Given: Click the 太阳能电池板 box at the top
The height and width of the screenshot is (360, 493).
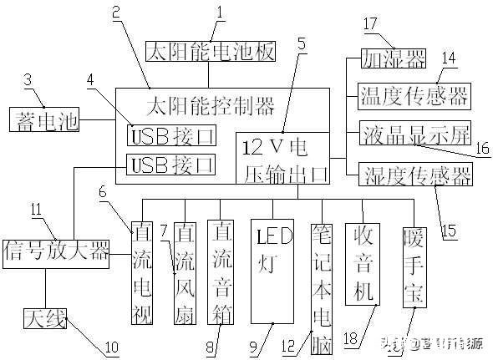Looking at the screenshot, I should (210, 52).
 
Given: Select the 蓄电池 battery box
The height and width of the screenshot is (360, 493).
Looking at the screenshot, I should (43, 119).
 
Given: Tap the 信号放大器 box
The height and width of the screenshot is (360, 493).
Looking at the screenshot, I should (57, 251).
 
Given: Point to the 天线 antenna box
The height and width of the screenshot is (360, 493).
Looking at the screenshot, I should (44, 317).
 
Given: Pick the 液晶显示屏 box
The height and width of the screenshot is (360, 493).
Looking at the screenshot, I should (414, 133).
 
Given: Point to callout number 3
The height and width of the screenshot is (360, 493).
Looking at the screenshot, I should (28, 79).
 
